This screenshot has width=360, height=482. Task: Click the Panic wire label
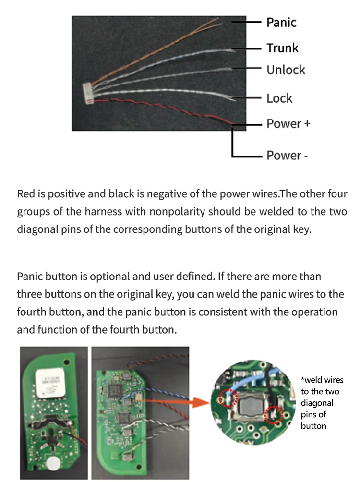(x=281, y=22)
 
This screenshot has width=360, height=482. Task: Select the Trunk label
(x=282, y=48)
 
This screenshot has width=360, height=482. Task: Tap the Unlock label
(x=286, y=70)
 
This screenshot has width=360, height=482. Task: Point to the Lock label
(x=279, y=98)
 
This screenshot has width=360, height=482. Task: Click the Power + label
(x=288, y=123)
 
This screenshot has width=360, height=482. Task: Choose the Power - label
(x=287, y=156)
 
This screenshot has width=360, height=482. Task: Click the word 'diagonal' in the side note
(x=317, y=403)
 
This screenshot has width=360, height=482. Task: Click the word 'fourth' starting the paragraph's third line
(x=32, y=312)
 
